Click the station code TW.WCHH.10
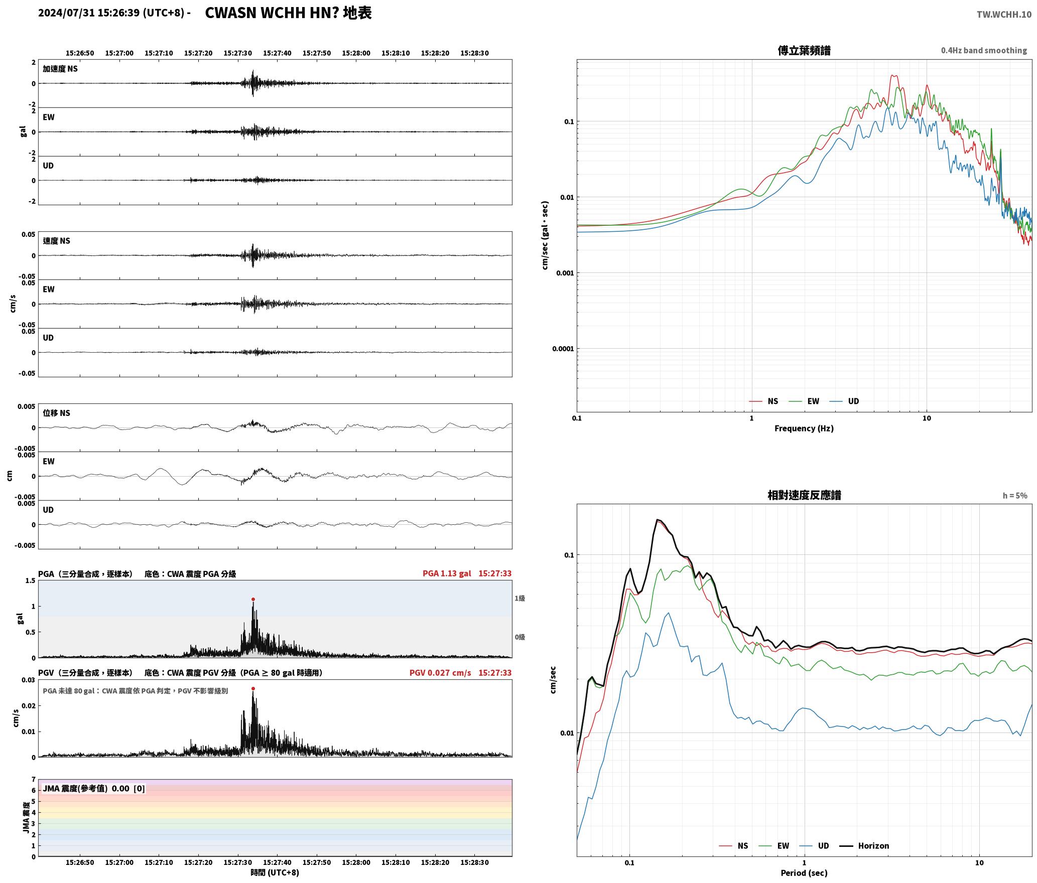point(1004,14)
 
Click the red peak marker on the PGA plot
point(253,599)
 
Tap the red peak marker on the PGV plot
point(253,688)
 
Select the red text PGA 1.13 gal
point(447,573)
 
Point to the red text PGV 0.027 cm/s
point(440,673)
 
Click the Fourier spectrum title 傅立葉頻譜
point(804,50)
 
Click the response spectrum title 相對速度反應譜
point(804,495)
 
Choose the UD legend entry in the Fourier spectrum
point(844,401)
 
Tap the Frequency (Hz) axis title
point(804,428)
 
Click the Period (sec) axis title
point(804,873)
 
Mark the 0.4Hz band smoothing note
point(984,50)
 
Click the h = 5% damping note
point(1015,496)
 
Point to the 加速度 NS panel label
point(60,69)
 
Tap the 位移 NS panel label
point(56,413)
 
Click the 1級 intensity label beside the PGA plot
point(520,598)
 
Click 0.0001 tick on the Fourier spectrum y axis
point(563,349)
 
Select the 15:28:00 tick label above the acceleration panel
point(356,53)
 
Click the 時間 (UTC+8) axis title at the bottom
point(275,872)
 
